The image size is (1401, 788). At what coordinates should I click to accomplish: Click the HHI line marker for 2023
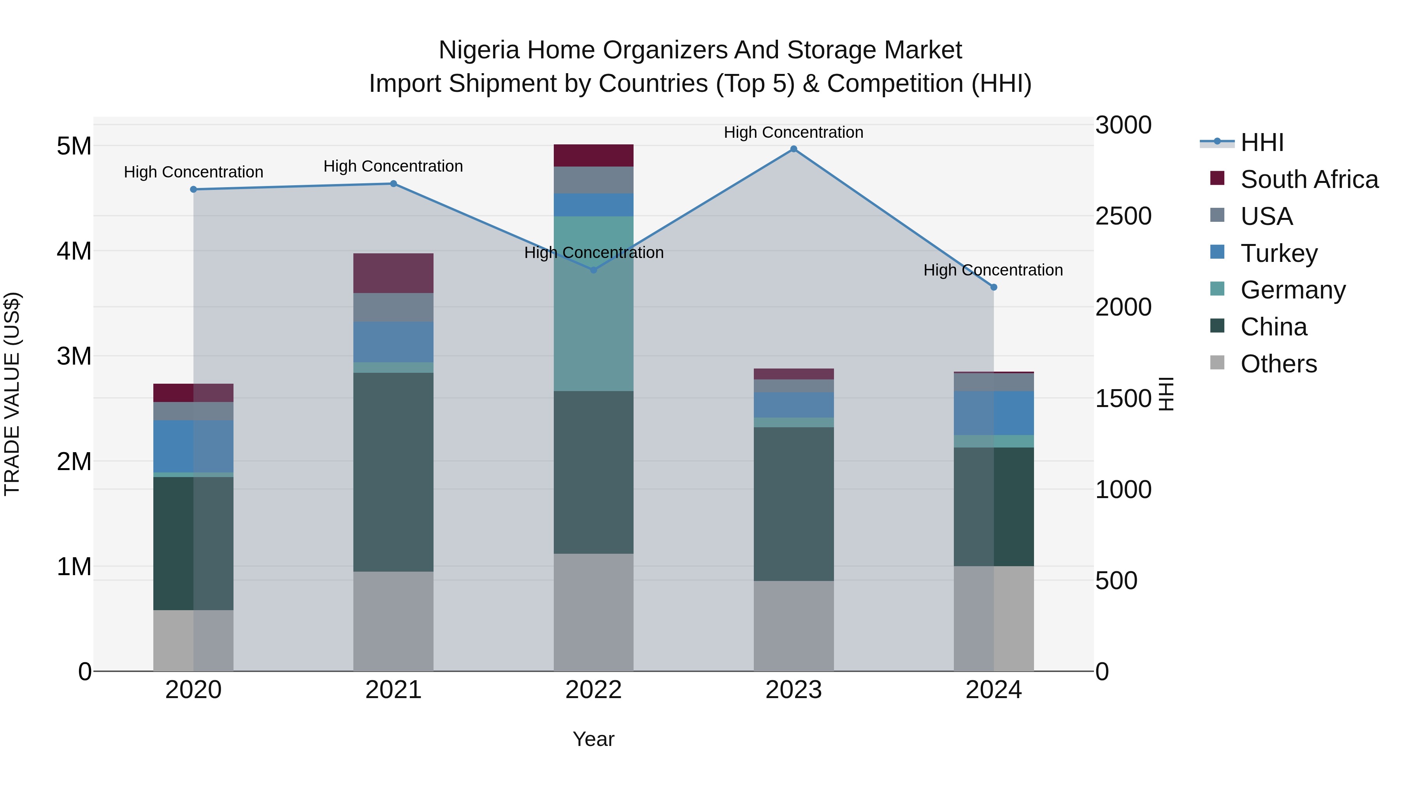[794, 149]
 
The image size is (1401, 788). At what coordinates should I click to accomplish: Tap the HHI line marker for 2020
[194, 189]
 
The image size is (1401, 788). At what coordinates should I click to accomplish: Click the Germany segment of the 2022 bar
[593, 304]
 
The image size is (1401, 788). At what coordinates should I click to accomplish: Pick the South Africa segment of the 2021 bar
[393, 273]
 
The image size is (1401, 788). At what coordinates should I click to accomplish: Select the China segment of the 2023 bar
[794, 504]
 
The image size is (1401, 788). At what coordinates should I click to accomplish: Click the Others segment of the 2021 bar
[393, 621]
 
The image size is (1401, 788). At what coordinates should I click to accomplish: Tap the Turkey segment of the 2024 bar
[994, 413]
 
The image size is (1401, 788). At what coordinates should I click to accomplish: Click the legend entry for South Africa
[1308, 179]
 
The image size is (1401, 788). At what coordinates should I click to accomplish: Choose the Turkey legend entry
[1279, 253]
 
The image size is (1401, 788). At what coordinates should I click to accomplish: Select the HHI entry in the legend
[1261, 142]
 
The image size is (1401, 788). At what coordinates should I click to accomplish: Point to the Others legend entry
[1278, 364]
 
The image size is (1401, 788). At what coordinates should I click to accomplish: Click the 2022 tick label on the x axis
[593, 690]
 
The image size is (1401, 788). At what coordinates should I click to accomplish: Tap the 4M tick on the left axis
[74, 251]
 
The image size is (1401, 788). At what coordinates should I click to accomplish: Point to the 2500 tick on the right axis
[1123, 216]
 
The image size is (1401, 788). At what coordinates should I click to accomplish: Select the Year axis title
[593, 739]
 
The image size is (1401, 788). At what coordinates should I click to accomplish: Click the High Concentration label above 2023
[794, 132]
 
